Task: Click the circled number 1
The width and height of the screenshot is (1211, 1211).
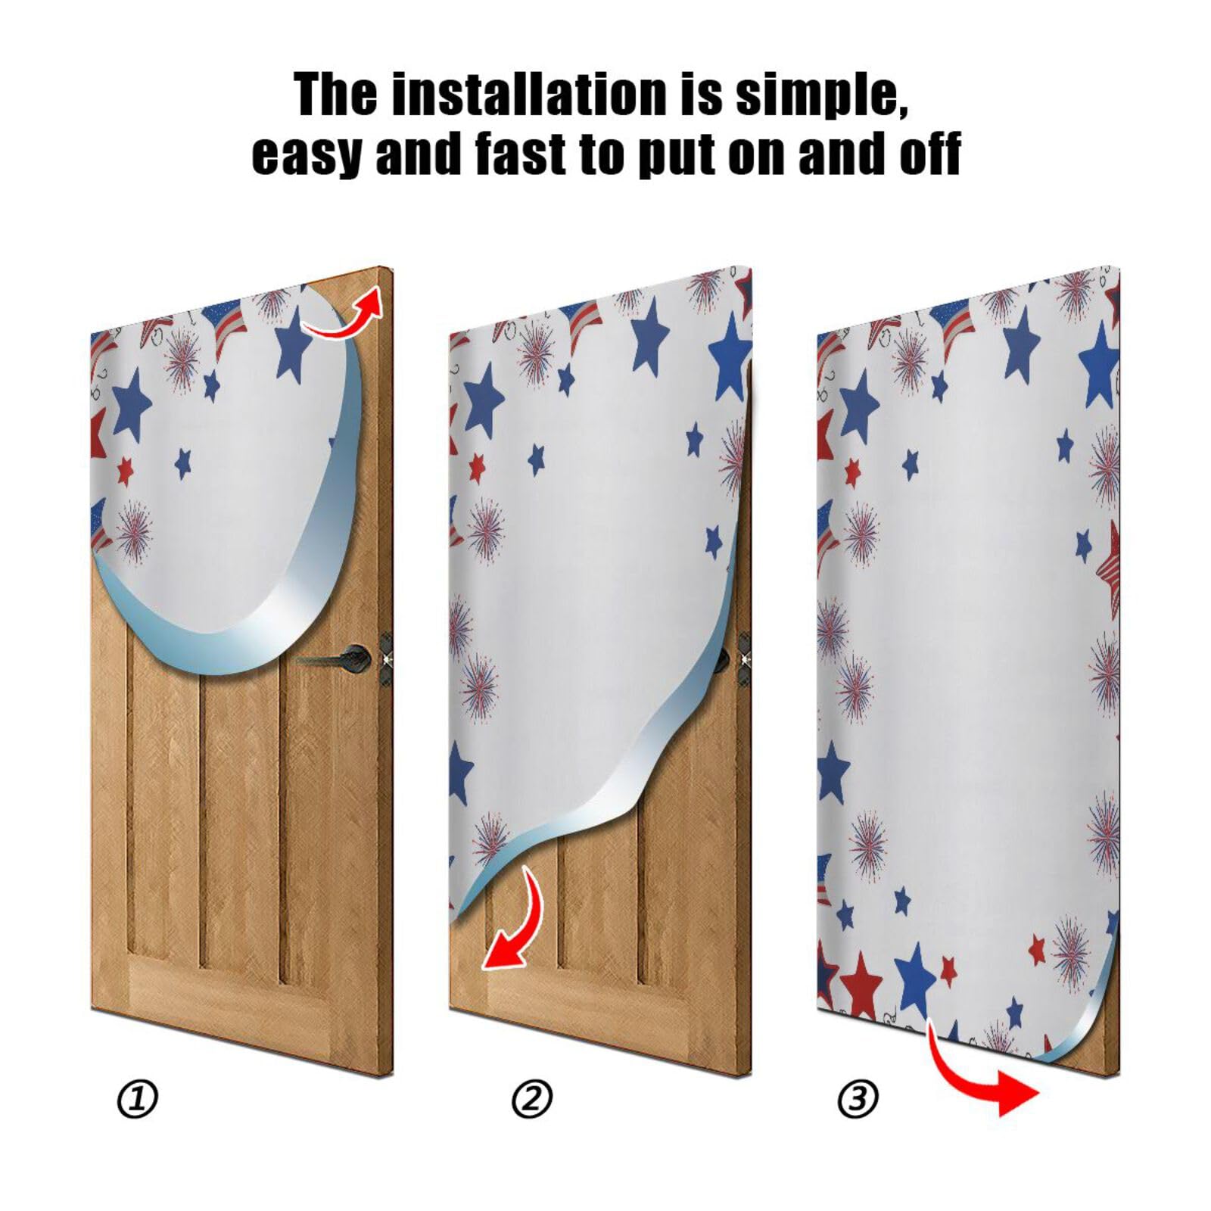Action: (138, 1099)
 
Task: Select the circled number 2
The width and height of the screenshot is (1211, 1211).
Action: (532, 1099)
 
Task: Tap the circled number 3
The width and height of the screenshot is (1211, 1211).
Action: (858, 1099)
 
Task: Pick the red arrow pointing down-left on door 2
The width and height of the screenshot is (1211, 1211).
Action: (515, 923)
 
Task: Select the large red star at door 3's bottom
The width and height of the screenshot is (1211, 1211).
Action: (861, 984)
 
